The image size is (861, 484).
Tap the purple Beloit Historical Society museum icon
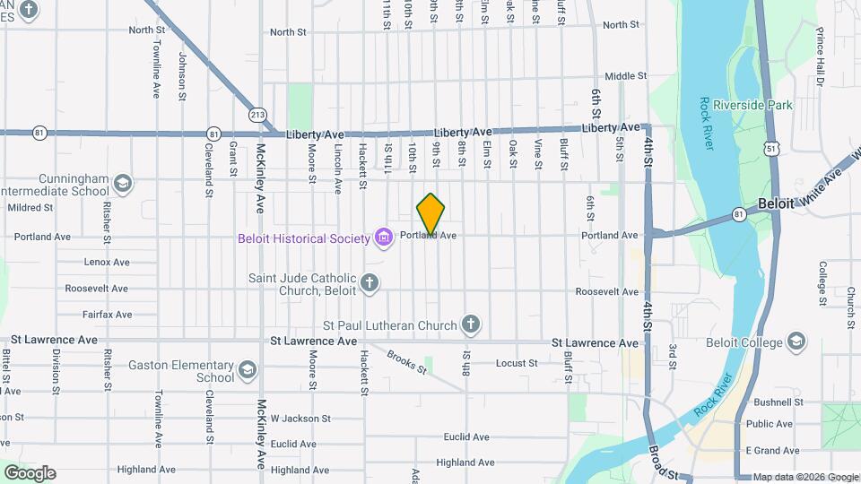[384, 238]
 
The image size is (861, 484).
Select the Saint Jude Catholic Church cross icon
[370, 284]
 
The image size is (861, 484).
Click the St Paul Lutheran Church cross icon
[472, 324]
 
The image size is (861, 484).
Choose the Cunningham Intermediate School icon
[123, 184]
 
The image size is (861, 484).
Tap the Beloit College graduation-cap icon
[796, 341]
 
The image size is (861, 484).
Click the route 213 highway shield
[258, 114]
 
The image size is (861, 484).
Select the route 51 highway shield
[772, 145]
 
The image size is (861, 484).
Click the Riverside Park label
[753, 105]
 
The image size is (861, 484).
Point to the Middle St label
[625, 77]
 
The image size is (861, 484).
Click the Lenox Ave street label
[107, 263]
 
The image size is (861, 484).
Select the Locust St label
[516, 363]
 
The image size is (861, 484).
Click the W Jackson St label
[300, 419]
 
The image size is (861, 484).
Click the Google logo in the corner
[30, 473]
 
